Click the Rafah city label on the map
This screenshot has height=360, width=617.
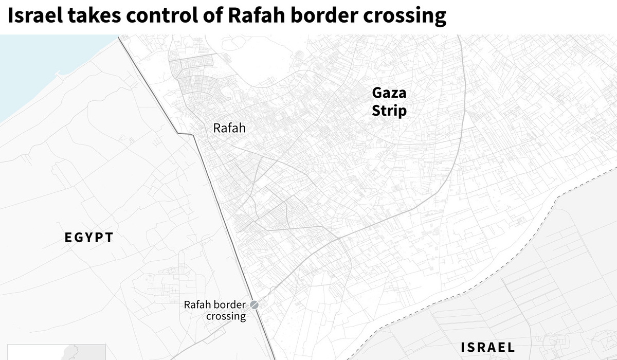pos(229,128)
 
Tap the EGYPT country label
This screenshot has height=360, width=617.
pos(89,238)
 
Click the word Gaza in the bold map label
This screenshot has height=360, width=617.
pos(389,93)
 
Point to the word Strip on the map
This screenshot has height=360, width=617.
pos(389,111)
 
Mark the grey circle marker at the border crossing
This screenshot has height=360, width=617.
pos(254,304)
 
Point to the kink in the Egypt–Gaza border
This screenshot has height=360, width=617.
pos(191,134)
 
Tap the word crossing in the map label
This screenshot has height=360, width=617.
pos(226,316)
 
